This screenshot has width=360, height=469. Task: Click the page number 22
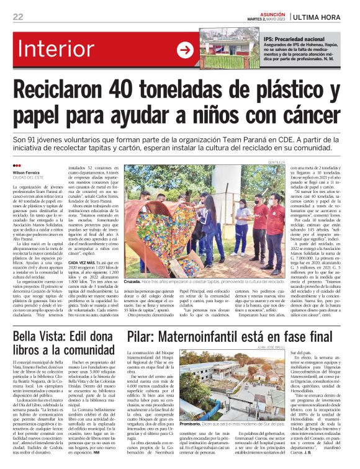(x=18, y=17)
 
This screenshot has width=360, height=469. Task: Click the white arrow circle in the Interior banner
(x=185, y=50)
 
